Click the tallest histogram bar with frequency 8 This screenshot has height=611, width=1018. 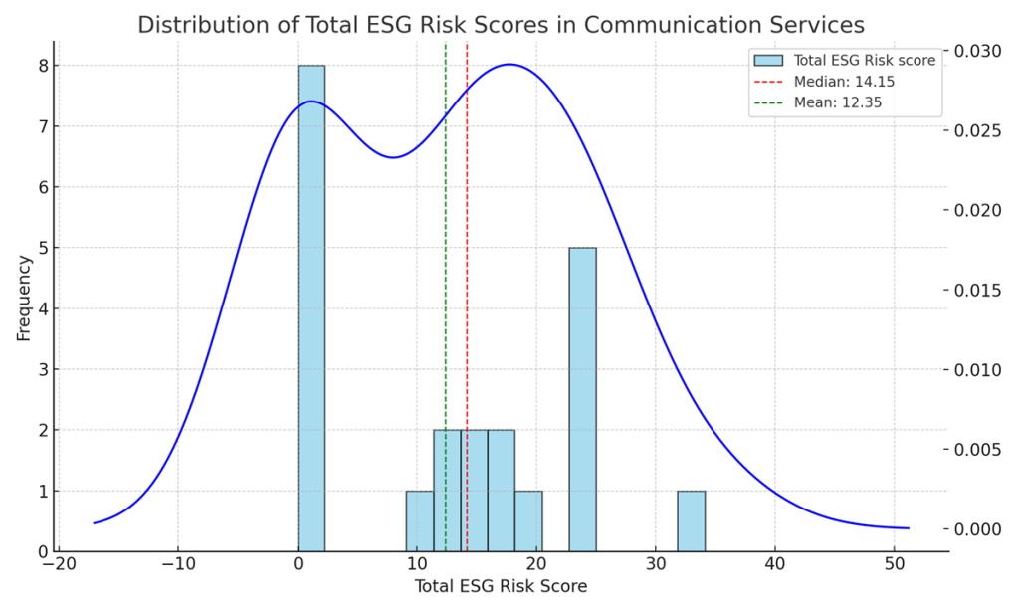[x=311, y=308]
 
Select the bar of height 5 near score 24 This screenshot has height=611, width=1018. [x=582, y=398]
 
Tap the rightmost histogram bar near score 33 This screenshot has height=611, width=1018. [x=691, y=520]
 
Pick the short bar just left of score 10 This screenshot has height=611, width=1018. [x=420, y=520]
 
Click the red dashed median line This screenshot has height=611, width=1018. [x=467, y=299]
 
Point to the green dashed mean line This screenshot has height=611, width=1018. [x=446, y=299]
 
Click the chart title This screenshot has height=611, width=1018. [x=501, y=25]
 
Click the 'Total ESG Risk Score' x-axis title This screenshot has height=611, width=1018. [x=501, y=587]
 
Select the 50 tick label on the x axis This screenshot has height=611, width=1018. [x=895, y=563]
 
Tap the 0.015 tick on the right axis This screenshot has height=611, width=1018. [x=981, y=291]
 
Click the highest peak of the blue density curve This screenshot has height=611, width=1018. [x=510, y=65]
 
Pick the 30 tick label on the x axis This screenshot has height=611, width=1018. [x=656, y=563]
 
